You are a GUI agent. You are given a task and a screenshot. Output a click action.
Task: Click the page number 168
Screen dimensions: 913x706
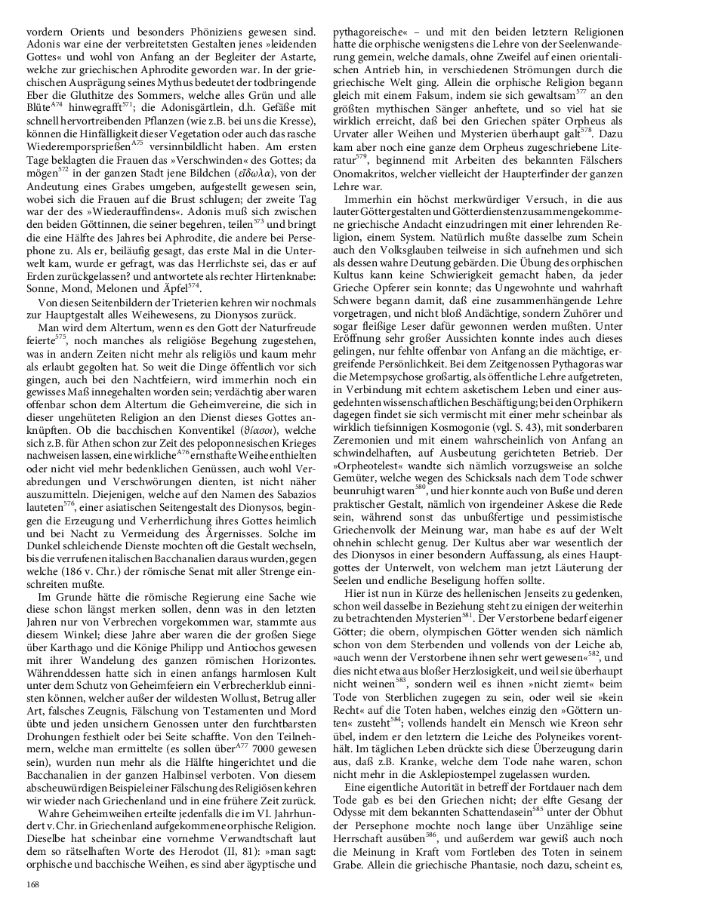33,884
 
